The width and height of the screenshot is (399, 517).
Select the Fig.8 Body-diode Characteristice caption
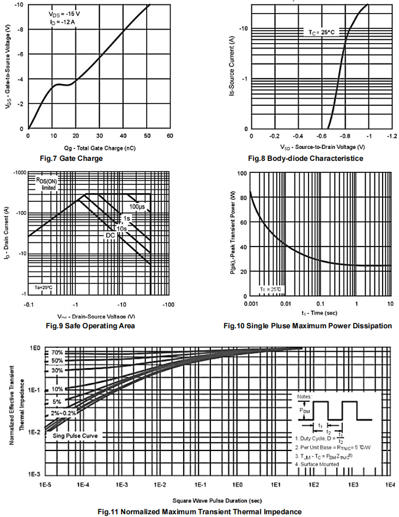click(305, 159)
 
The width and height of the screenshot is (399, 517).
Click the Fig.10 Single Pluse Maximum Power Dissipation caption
click(307, 326)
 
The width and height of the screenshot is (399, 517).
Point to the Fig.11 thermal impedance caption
click(199, 512)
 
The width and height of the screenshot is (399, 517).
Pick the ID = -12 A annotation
click(61, 22)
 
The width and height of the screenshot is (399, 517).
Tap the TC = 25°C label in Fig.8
click(319, 33)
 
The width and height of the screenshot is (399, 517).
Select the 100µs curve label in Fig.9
click(137, 207)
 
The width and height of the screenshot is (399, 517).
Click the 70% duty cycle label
click(57, 353)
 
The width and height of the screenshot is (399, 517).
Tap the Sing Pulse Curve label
click(75, 436)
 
